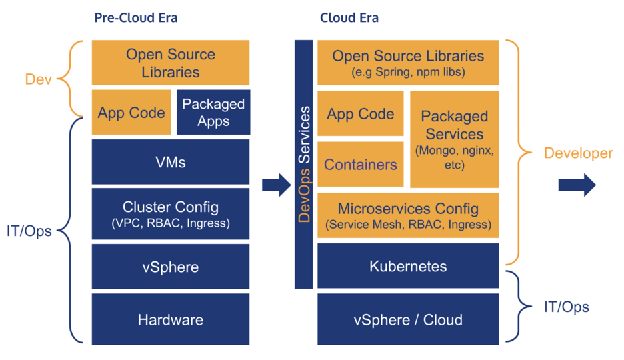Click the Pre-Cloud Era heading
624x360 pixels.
click(x=135, y=18)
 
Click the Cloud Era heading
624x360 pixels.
click(x=349, y=18)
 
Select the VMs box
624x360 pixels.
click(x=171, y=161)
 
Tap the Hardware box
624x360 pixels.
click(x=171, y=319)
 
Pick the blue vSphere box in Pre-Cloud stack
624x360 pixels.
click(x=171, y=267)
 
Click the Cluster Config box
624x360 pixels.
click(x=171, y=214)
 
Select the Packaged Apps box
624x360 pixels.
click(x=213, y=113)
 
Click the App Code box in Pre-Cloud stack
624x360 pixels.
click(x=131, y=113)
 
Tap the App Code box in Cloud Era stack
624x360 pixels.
click(x=361, y=113)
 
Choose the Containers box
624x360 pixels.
click(x=361, y=164)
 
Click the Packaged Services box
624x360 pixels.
click(x=454, y=139)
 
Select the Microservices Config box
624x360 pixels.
click(x=408, y=215)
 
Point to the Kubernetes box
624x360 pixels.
click(x=408, y=266)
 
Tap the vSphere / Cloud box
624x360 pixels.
click(x=408, y=319)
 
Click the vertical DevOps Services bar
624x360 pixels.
click(x=304, y=164)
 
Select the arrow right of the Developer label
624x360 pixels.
click(x=577, y=185)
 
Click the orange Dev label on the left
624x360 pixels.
click(x=38, y=79)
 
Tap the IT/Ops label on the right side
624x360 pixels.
click(x=566, y=307)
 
